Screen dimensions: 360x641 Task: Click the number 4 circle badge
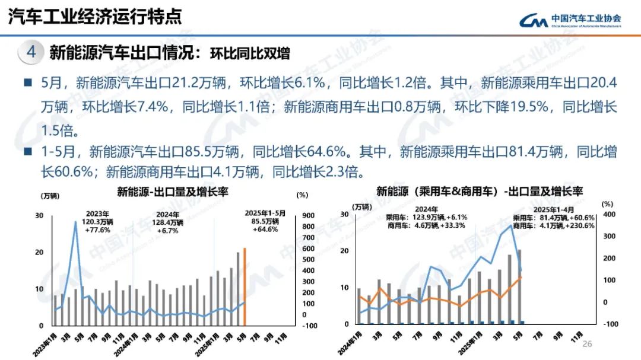pos(31,52)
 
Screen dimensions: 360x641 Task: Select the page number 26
pos(588,344)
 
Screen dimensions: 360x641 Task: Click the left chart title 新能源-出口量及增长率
pos(172,192)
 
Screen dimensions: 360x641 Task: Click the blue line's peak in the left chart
pos(75,222)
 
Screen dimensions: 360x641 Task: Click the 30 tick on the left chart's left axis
pos(39,215)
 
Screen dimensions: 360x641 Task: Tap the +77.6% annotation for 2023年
pos(97,229)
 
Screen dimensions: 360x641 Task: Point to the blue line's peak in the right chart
pos(511,227)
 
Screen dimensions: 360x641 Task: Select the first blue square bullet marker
pos(28,82)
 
